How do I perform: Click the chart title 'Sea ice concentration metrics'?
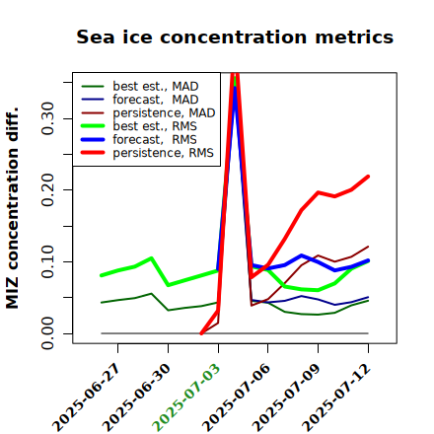(235, 36)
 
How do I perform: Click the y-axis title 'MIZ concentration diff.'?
(13, 208)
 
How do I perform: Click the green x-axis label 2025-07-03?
(186, 398)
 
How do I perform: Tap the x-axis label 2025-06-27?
(86, 398)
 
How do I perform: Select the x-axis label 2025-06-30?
(136, 398)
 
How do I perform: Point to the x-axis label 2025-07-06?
(236, 398)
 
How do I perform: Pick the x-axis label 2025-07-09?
(286, 398)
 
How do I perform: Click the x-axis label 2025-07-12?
(336, 398)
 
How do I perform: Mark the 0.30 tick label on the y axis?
(47, 118)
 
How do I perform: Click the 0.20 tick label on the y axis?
(47, 189)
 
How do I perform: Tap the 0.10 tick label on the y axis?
(47, 261)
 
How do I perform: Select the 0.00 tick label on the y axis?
(47, 333)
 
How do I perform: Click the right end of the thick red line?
(368, 177)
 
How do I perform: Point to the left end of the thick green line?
(102, 275)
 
